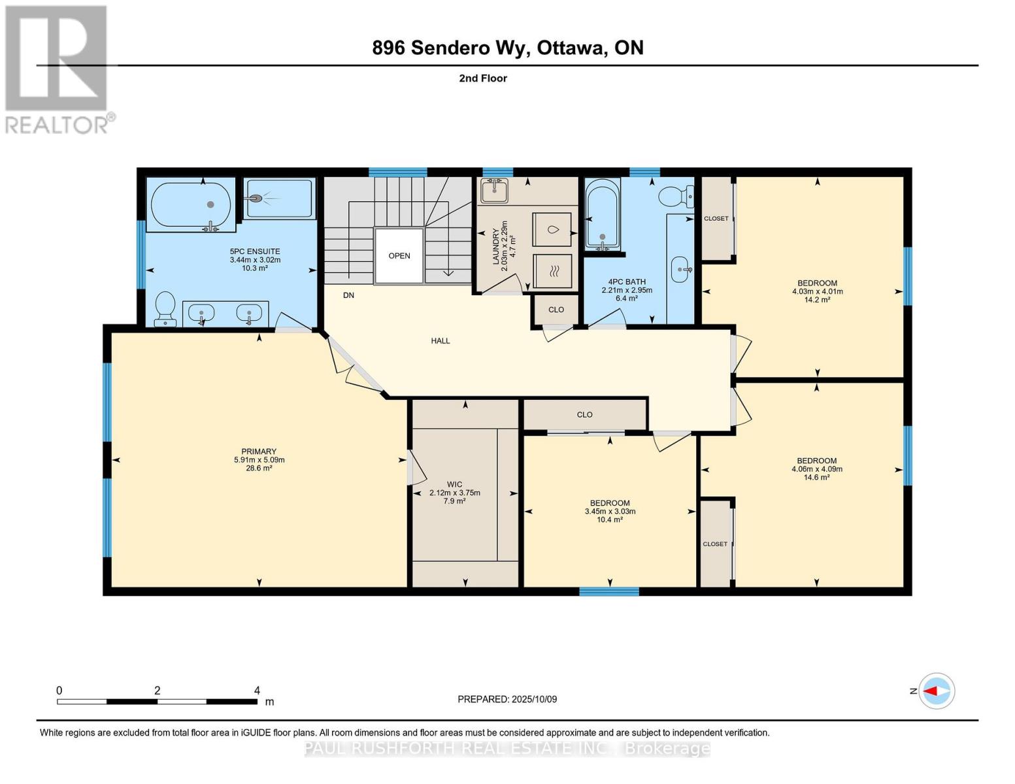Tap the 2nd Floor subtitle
point(483,78)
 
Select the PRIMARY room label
point(259,451)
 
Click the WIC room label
point(454,484)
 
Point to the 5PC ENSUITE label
point(255,251)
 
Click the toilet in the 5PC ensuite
point(165,308)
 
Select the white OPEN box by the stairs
point(399,255)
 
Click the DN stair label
point(348,295)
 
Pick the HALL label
point(440,340)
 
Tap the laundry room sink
point(495,191)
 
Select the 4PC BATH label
point(626,282)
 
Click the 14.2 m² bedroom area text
point(817,300)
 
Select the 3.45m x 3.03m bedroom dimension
point(610,512)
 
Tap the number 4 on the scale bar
point(257,691)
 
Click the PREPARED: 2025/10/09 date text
point(507,699)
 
